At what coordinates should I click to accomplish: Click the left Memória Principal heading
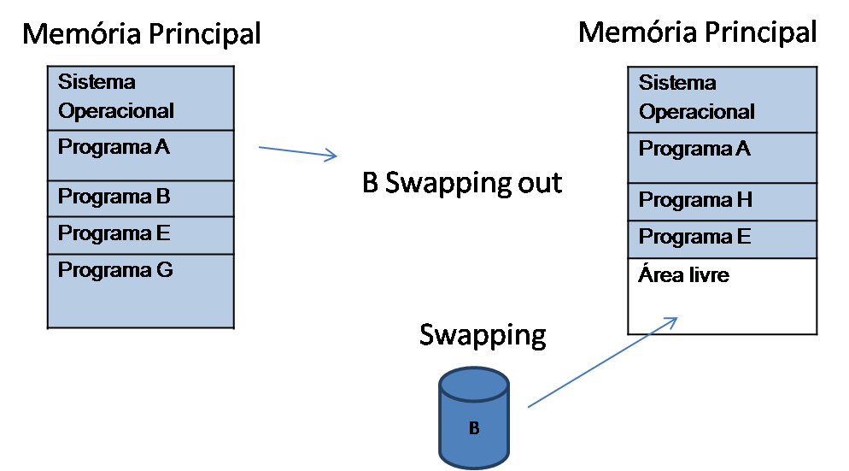click(x=141, y=34)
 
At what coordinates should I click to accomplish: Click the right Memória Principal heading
click(x=697, y=32)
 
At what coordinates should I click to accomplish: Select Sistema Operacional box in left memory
click(x=141, y=97)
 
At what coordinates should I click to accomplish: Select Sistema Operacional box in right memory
click(x=723, y=99)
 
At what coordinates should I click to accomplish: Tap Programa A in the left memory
click(x=141, y=155)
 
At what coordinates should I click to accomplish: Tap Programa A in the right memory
click(x=723, y=157)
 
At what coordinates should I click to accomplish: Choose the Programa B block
click(x=141, y=198)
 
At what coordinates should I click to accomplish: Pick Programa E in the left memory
click(x=141, y=235)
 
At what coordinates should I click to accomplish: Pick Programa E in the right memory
click(x=723, y=238)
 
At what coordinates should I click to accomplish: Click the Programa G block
click(x=141, y=291)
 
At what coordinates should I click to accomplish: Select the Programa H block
click(x=723, y=202)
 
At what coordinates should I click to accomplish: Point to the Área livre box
click(x=723, y=296)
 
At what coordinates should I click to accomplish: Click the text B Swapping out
click(x=462, y=183)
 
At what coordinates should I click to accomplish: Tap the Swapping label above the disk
click(x=482, y=335)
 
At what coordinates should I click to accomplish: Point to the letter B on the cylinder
click(x=474, y=428)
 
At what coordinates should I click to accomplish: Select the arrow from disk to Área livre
click(x=602, y=362)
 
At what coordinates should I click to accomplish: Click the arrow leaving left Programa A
click(x=298, y=152)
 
